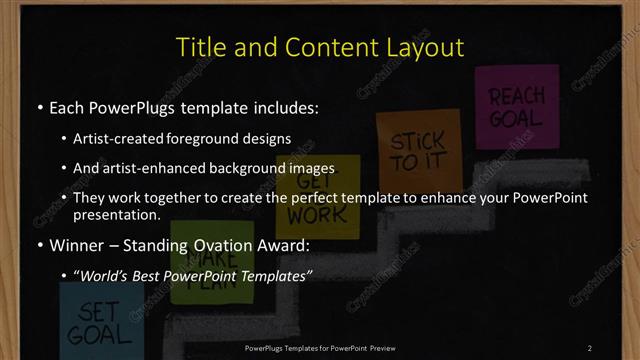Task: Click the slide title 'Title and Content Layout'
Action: [x=320, y=47]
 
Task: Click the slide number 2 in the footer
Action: [x=590, y=348]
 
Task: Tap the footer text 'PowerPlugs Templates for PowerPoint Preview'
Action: [x=320, y=348]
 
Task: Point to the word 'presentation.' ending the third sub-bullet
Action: [x=117, y=214]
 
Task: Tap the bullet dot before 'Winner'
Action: [x=39, y=243]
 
